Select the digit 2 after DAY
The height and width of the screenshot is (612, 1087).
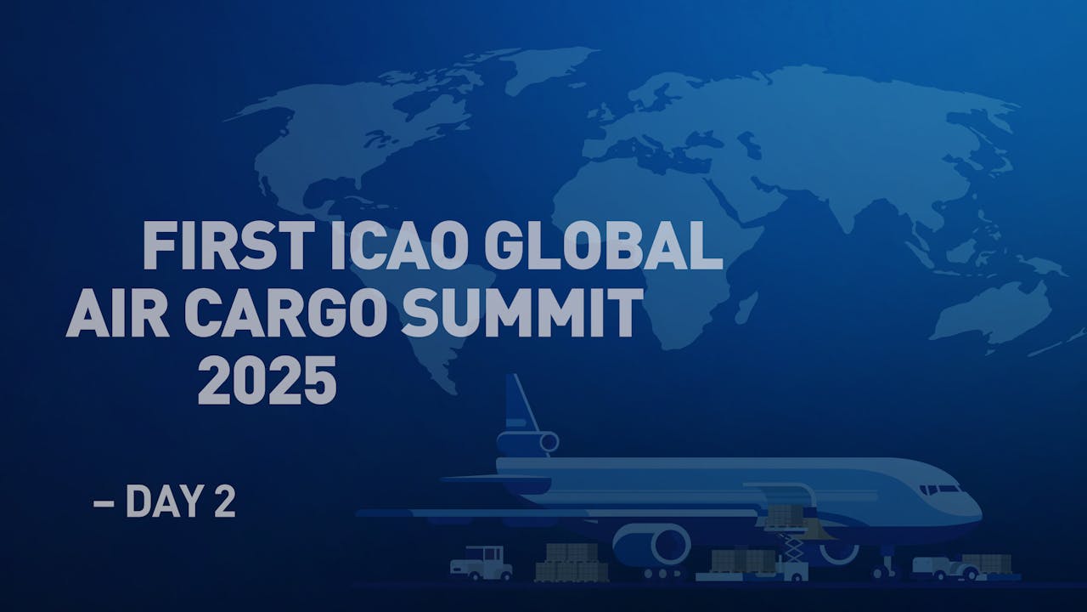click(223, 502)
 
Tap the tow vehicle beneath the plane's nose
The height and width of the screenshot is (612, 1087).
click(943, 567)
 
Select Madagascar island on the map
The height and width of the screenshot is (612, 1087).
click(747, 306)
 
